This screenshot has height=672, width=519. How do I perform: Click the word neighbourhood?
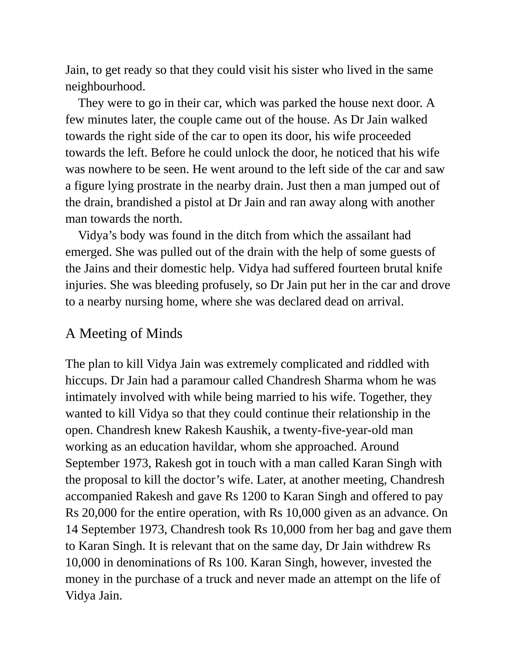coord(105,87)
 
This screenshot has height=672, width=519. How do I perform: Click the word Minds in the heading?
coord(164,334)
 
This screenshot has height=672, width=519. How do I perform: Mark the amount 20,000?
coord(99,513)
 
